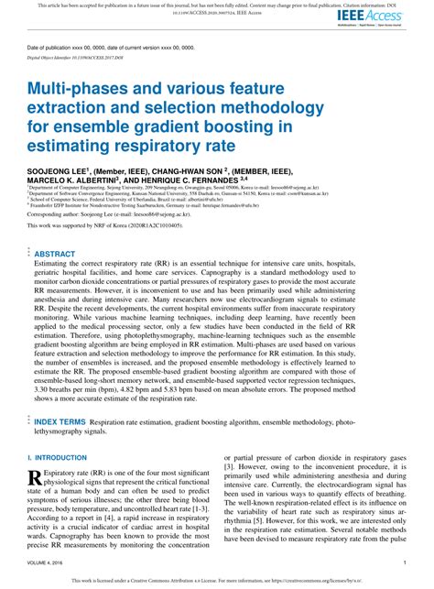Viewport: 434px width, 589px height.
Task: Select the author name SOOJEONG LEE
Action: click(60, 170)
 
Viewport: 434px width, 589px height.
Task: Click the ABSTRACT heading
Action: click(55, 254)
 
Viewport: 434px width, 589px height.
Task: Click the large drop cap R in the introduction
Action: click(36, 477)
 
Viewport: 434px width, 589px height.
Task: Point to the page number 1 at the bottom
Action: click(404, 562)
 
